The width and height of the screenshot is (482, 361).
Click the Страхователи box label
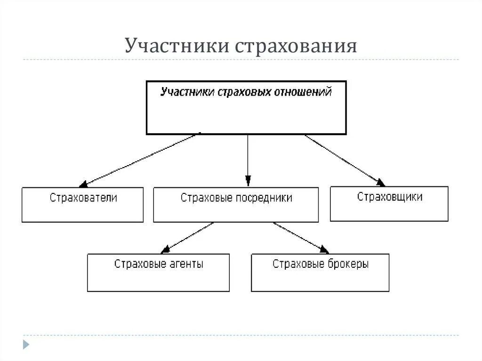pyautogui.click(x=83, y=198)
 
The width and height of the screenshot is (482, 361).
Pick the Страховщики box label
pyautogui.click(x=389, y=197)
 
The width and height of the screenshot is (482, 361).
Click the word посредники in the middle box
pyautogui.click(x=265, y=198)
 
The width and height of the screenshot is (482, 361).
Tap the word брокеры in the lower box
pyautogui.click(x=347, y=264)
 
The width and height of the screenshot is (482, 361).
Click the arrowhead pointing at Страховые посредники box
pyautogui.click(x=248, y=181)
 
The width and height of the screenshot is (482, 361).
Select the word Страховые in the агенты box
pyautogui.click(x=138, y=264)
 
